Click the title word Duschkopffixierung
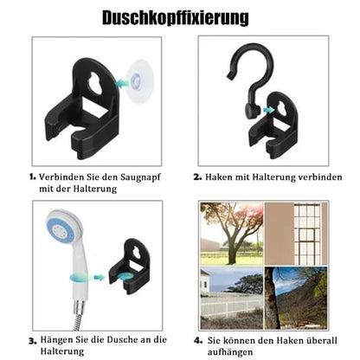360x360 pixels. [176, 18]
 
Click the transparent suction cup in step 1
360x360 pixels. [140, 81]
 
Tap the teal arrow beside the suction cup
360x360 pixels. [122, 83]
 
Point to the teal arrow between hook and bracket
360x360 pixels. [269, 110]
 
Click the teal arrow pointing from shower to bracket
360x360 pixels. [100, 278]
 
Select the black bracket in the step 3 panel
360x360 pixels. [129, 267]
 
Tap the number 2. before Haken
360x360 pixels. [197, 177]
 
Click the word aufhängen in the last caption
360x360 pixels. [230, 352]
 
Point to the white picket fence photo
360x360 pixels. [232, 298]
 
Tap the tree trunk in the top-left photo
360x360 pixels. [231, 248]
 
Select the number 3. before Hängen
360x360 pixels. [33, 341]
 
